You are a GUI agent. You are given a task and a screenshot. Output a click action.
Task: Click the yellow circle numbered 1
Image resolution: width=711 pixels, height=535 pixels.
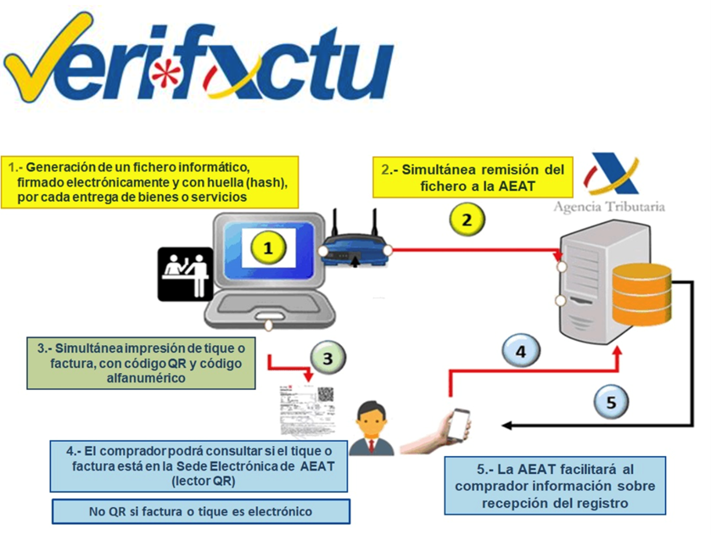pos(268,248)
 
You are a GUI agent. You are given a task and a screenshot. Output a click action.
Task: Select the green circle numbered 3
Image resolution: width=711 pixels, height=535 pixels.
pos(327,358)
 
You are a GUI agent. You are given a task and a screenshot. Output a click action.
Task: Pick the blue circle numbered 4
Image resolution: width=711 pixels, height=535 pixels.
pos(522,349)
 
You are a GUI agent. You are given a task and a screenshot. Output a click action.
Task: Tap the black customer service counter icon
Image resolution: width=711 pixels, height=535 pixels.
pos(188,273)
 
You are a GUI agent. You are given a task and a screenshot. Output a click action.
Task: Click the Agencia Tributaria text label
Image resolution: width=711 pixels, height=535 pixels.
pos(608,206)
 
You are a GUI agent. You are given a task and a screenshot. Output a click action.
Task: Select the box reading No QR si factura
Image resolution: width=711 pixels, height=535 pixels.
pos(200,511)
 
